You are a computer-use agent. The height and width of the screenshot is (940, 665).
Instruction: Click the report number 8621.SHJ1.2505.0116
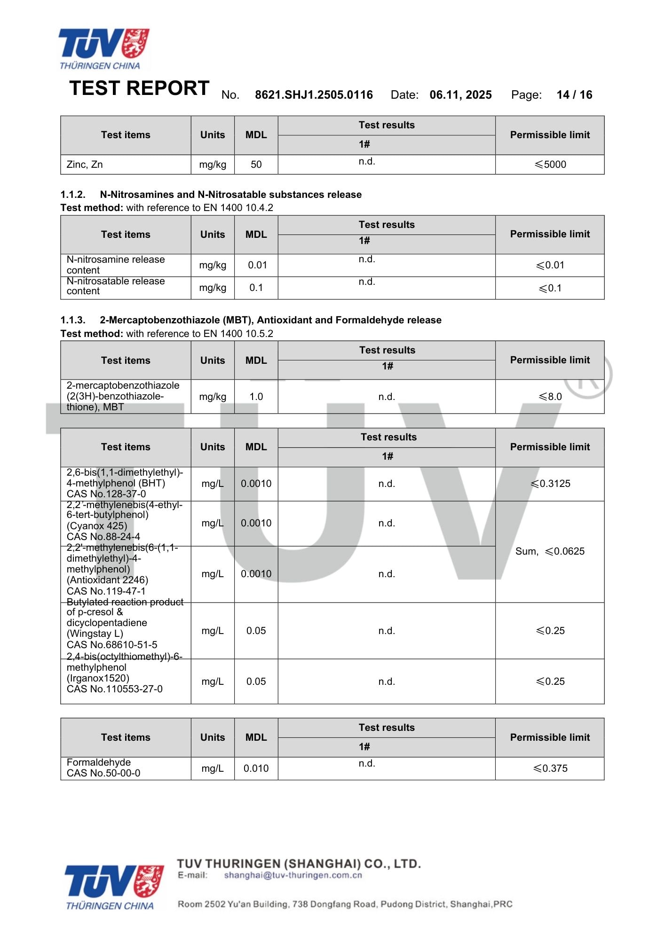(x=314, y=95)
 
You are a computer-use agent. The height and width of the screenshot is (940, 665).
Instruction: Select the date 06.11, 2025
(x=460, y=95)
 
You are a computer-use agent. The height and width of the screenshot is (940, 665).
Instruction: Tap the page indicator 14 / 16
(x=574, y=95)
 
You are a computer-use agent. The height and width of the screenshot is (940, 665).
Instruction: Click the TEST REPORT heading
(x=139, y=88)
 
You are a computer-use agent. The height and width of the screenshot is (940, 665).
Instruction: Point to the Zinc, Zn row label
(x=85, y=164)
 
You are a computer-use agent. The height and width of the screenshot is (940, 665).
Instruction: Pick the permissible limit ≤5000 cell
(x=550, y=164)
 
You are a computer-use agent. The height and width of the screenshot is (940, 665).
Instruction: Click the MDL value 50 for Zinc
(x=256, y=164)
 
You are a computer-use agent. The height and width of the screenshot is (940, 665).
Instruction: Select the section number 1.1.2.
(x=73, y=195)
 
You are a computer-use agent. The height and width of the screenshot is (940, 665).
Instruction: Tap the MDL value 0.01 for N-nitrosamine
(x=257, y=265)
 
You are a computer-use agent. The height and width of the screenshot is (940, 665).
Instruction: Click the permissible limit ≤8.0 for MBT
(x=550, y=397)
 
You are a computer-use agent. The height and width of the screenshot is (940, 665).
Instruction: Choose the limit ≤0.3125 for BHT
(x=550, y=484)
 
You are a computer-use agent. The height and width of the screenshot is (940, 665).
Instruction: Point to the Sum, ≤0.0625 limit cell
(x=550, y=551)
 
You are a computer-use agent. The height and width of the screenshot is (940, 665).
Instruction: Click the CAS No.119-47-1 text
(x=106, y=591)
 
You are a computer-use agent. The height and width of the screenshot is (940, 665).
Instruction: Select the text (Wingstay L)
(x=95, y=634)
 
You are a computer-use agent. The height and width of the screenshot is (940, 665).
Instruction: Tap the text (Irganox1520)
(x=98, y=678)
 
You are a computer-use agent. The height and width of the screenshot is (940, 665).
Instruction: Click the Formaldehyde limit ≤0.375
(x=550, y=768)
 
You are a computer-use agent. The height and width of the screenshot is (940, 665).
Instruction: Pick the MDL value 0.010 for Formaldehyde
(x=256, y=768)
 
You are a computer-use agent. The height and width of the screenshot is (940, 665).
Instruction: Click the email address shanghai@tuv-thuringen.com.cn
(x=293, y=875)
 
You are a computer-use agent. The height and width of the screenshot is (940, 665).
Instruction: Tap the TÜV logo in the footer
(x=114, y=887)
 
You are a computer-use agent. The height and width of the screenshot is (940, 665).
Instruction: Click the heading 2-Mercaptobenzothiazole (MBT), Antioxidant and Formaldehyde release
(x=270, y=320)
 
